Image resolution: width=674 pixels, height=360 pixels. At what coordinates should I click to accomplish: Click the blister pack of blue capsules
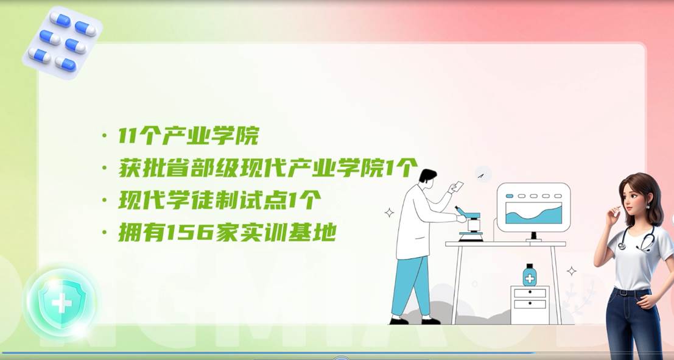(63, 41)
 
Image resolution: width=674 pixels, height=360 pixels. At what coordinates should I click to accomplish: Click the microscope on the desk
(469, 223)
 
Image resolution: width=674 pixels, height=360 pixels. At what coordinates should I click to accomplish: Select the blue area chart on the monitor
(533, 214)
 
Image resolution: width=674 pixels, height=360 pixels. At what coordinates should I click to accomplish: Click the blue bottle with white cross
(530, 275)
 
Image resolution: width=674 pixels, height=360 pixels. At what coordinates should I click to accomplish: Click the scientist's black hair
(427, 175)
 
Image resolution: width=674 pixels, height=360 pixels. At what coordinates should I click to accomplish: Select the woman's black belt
(632, 292)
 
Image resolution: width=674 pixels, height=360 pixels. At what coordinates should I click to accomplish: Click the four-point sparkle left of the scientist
(390, 213)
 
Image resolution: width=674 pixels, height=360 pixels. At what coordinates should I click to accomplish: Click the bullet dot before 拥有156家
(105, 233)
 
